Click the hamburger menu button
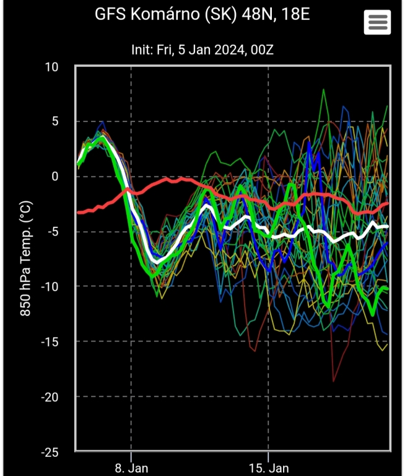point(377,22)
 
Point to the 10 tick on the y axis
point(51,67)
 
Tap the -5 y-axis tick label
point(52,232)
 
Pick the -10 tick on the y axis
point(49,286)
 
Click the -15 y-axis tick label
point(49,342)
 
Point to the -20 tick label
point(49,397)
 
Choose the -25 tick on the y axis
point(49,451)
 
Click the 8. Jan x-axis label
point(131,467)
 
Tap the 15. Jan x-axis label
point(268,467)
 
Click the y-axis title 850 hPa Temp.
point(26,258)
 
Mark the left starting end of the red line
point(77,213)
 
